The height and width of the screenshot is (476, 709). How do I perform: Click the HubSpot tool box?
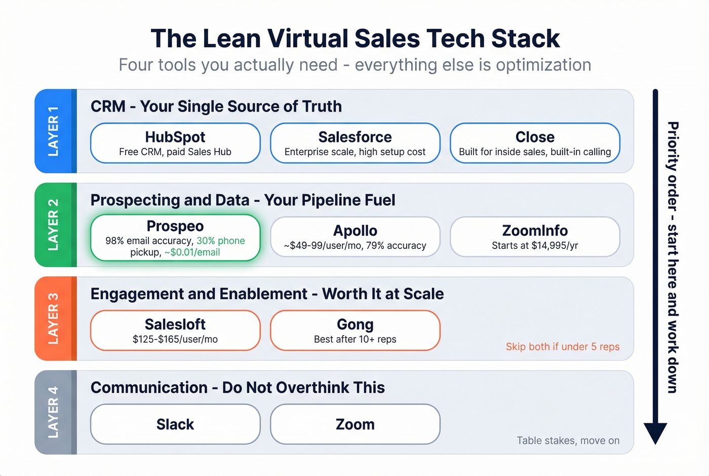(175, 143)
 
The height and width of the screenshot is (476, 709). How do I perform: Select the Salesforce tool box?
(355, 143)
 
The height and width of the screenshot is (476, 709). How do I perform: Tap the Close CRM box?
(535, 143)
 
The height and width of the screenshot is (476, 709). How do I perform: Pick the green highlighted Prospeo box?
(175, 237)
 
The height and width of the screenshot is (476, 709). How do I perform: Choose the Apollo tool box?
(355, 237)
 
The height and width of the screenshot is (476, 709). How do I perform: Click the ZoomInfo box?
(535, 237)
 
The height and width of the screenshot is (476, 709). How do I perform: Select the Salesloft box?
(175, 331)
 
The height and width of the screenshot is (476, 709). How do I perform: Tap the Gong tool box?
(355, 331)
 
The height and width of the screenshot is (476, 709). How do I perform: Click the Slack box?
(175, 424)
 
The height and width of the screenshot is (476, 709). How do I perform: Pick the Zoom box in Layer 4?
(355, 424)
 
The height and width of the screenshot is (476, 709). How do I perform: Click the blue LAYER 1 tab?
(54, 131)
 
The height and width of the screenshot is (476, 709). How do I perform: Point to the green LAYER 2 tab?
(54, 225)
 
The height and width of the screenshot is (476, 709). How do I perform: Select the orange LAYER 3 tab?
(54, 319)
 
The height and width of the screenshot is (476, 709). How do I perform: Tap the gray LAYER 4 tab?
(54, 413)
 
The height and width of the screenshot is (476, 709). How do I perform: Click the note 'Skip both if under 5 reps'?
(563, 347)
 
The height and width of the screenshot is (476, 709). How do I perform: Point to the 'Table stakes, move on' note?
(568, 441)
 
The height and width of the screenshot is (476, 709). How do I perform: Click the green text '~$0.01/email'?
(192, 252)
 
